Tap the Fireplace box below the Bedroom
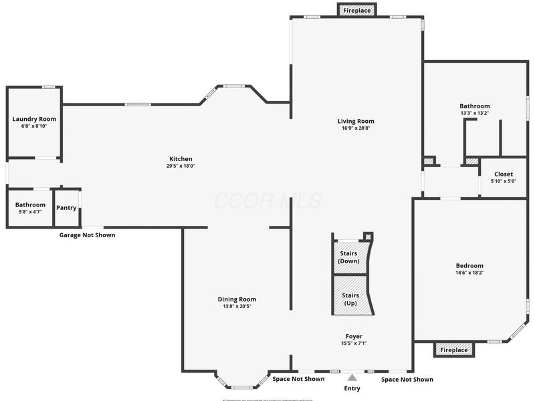(454, 350)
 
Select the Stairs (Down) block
(349, 257)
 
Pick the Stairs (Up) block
(350, 299)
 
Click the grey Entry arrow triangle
(352, 378)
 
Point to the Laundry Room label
(34, 119)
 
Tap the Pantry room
(66, 208)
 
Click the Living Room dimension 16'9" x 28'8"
(356, 128)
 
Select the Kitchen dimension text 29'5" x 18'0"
(181, 166)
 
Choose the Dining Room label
(237, 299)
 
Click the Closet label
(504, 174)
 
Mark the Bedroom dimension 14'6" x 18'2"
(470, 273)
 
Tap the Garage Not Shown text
(87, 235)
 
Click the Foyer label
(354, 336)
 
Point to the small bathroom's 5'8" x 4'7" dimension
(30, 212)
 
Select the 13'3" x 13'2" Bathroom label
(474, 106)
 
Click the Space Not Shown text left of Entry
(298, 379)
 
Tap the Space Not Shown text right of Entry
(407, 380)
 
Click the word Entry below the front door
(352, 388)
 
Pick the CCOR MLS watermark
(267, 200)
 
